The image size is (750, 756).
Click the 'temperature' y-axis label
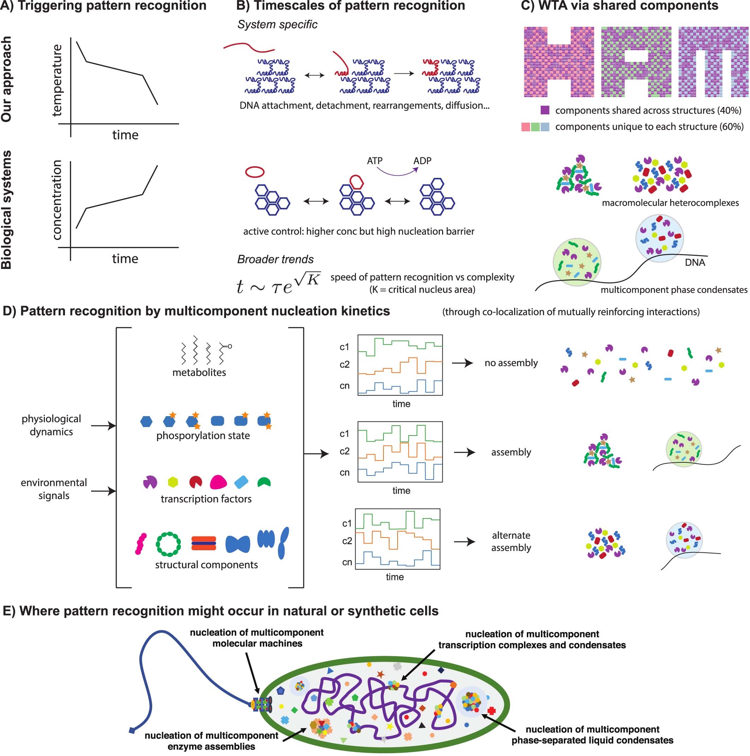pyautogui.click(x=57, y=80)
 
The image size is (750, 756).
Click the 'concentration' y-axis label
pyautogui.click(x=57, y=199)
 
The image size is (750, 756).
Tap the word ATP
pyautogui.click(x=374, y=161)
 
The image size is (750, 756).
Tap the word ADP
pyautogui.click(x=422, y=161)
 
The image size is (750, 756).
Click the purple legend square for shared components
pyautogui.click(x=544, y=110)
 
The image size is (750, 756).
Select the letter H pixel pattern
pyautogui.click(x=559, y=62)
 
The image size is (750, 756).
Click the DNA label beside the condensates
pyautogui.click(x=695, y=262)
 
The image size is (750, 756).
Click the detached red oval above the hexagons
pyautogui.click(x=255, y=172)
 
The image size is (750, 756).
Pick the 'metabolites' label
pyautogui.click(x=199, y=372)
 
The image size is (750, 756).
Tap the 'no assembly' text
pyautogui.click(x=511, y=363)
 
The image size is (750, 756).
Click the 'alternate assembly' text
pyautogui.click(x=511, y=541)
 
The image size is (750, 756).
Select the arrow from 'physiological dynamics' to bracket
pyautogui.click(x=103, y=425)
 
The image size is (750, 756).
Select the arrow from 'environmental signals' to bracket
pyautogui.click(x=103, y=490)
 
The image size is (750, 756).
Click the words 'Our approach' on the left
pyautogui.click(x=7, y=79)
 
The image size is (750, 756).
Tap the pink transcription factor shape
pyautogui.click(x=218, y=482)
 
